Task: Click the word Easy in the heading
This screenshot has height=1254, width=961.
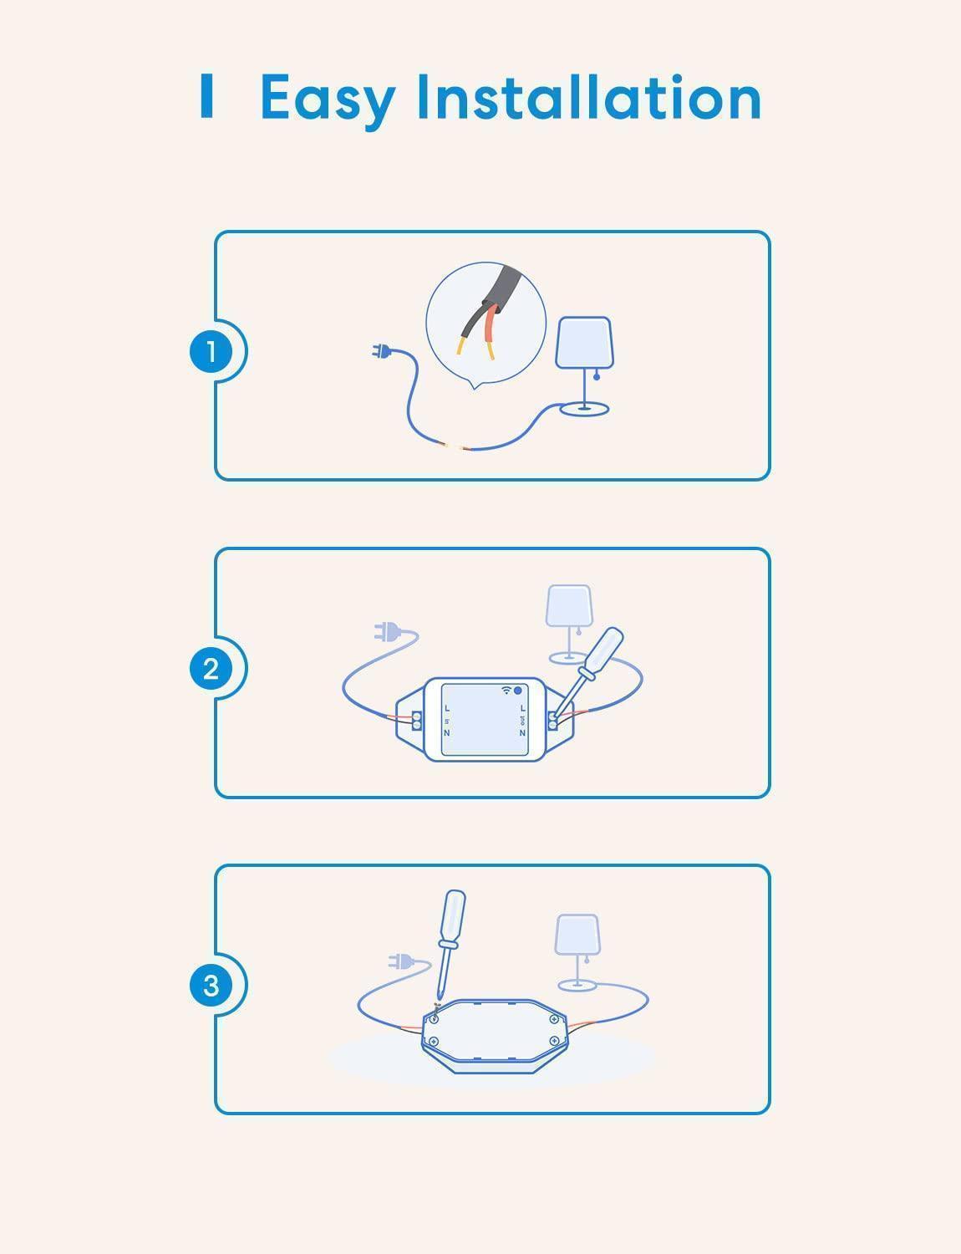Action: tap(328, 99)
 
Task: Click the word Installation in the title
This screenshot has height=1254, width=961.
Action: tap(588, 97)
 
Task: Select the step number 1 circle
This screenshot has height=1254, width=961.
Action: tap(211, 351)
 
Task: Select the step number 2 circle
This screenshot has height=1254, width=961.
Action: tap(211, 669)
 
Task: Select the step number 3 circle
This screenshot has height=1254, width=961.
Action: tap(211, 985)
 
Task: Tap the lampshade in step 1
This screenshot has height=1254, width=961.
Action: tap(584, 342)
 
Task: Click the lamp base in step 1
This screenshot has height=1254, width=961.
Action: tap(584, 409)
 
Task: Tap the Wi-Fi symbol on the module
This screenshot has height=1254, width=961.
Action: tap(506, 691)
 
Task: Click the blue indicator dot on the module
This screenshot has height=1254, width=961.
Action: tap(518, 691)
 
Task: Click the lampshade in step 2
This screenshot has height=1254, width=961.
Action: tap(568, 606)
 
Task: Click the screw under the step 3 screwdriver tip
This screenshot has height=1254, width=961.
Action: tap(435, 1017)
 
